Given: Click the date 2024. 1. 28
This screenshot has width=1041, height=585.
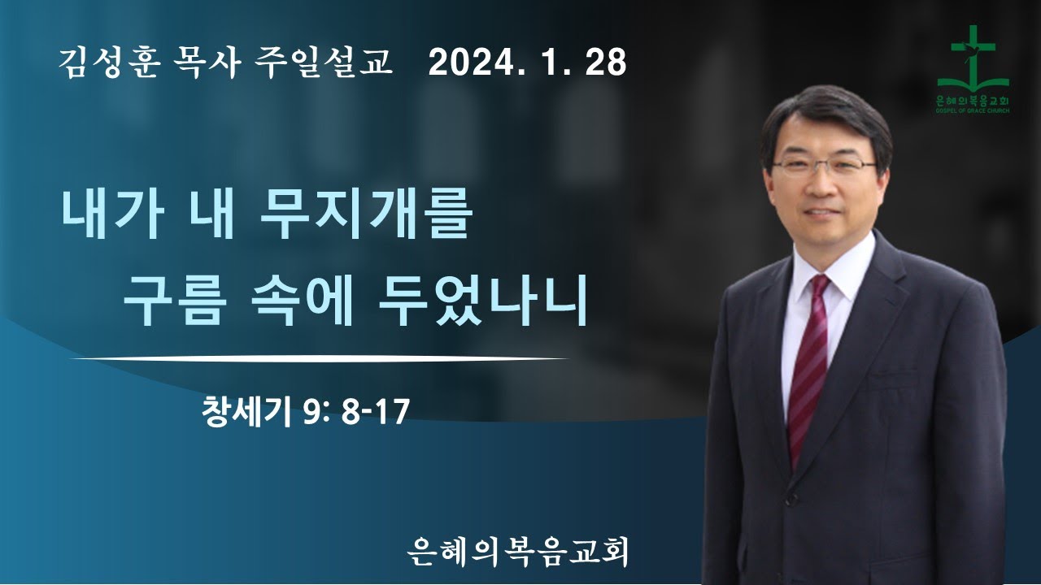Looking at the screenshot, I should click(x=528, y=63).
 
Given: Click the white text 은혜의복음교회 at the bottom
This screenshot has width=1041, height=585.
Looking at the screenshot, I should click(x=520, y=552).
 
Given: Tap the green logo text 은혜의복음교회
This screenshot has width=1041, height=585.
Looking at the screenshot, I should click(x=973, y=100).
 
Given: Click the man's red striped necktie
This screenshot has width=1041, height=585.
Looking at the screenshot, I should click(x=808, y=366).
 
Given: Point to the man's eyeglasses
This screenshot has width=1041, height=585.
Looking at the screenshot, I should click(x=823, y=167).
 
